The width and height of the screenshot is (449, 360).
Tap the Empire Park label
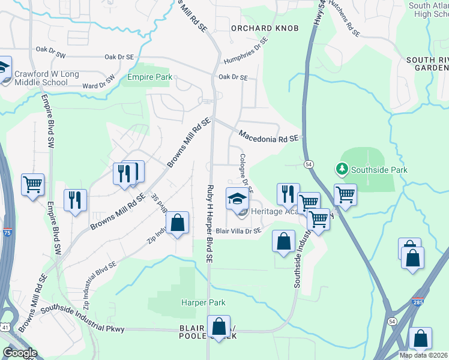pos(149,77)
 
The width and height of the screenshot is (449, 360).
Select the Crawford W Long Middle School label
pos(46,78)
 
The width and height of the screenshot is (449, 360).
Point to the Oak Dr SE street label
pos(233,77)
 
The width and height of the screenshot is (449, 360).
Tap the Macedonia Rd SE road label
pos(268,136)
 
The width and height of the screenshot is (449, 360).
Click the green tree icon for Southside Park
pos(342,170)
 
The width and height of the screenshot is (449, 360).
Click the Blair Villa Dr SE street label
pos(239,230)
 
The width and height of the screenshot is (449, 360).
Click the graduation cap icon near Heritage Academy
pos(237,197)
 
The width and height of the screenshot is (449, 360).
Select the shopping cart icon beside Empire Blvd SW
pos(32,184)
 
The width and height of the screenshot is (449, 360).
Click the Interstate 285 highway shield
pos(417,302)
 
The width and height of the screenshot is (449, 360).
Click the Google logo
pos(20,352)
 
